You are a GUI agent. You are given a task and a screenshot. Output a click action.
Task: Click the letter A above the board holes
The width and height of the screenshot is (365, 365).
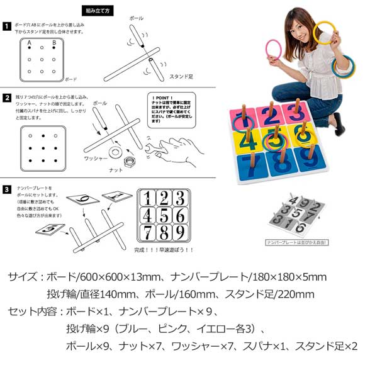click(x=29, y=43)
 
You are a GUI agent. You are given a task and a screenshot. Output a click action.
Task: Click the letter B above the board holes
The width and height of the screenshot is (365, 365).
click(x=55, y=43)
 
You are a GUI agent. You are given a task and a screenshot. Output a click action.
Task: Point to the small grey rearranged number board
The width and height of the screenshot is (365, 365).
click(x=293, y=215)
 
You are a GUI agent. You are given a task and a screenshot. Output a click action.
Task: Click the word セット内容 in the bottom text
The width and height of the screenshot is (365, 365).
click(x=31, y=312)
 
